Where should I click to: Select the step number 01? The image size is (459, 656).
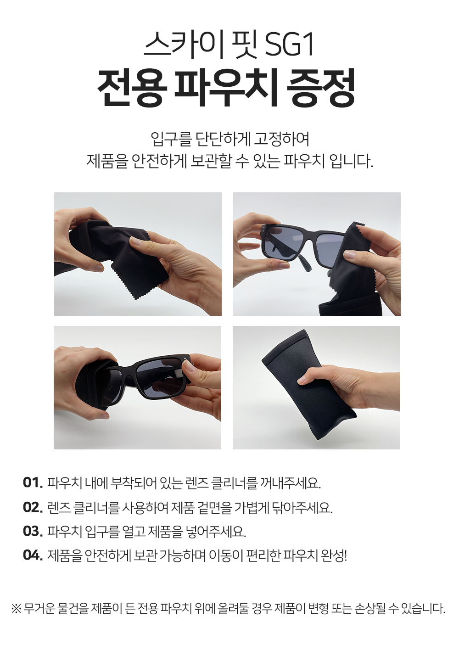point(33,482)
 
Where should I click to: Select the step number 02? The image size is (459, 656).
point(33,507)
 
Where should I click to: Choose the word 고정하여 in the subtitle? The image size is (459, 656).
point(281,139)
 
